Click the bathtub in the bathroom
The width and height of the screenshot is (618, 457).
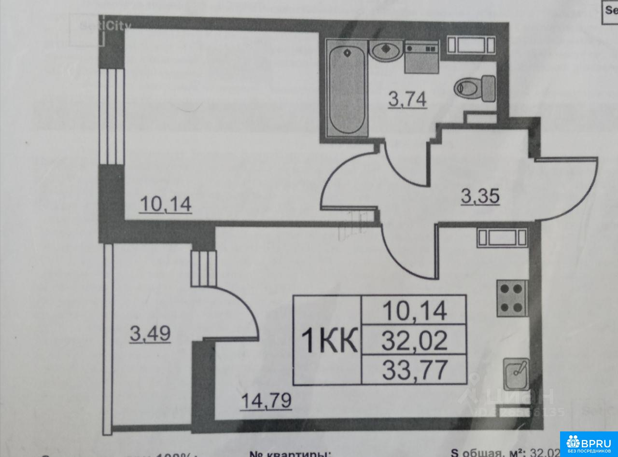[346, 90]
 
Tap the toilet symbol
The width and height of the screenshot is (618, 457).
[476, 88]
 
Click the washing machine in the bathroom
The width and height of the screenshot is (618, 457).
[421, 56]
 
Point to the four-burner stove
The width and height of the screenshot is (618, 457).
[512, 298]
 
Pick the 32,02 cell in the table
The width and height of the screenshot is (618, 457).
[414, 340]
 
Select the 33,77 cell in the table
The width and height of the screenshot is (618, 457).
[414, 370]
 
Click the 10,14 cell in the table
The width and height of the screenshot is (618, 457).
[414, 310]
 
